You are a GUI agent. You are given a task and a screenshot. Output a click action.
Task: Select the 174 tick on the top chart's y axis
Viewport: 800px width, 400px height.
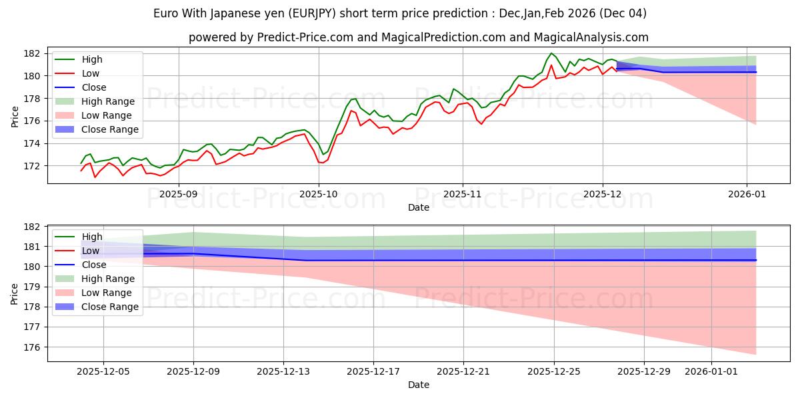pos(35,143)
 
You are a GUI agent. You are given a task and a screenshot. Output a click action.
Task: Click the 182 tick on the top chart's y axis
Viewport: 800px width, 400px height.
pos(35,53)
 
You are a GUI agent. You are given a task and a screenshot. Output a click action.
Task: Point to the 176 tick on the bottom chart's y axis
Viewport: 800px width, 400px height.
pos(35,347)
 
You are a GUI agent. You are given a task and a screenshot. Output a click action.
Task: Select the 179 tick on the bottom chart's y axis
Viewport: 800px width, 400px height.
pos(35,287)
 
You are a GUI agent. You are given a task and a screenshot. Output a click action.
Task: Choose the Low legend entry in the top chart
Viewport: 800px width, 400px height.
pos(91,73)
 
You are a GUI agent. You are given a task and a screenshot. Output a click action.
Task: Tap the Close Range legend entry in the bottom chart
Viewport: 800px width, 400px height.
pos(110,307)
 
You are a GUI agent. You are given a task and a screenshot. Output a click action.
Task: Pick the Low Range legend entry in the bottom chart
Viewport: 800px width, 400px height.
pos(107,293)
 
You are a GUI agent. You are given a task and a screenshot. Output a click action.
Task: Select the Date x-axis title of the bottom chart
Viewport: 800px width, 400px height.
pos(418,385)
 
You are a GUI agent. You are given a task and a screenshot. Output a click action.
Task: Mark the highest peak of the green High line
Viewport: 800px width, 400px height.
pos(551,53)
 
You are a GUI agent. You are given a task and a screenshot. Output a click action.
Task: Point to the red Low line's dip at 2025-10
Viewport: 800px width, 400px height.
pos(321,163)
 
